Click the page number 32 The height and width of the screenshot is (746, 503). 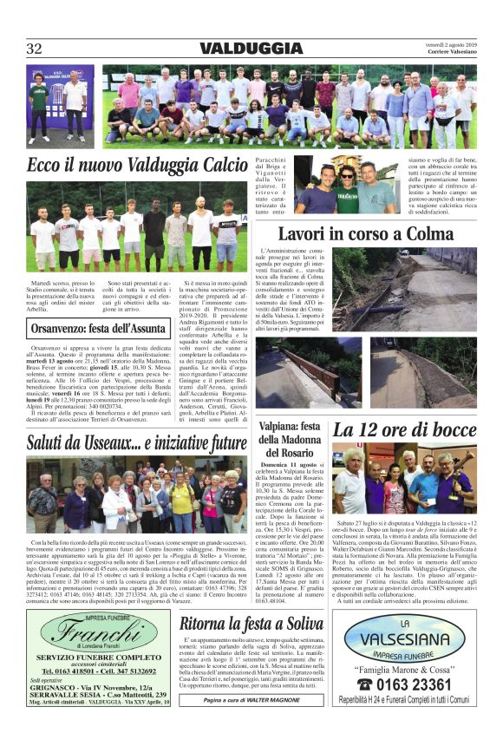(35, 49)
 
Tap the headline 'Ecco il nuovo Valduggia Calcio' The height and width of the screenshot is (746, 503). (137, 165)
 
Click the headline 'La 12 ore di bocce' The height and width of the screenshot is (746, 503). (404, 430)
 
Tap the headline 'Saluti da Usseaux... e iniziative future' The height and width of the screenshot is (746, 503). (136, 444)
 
